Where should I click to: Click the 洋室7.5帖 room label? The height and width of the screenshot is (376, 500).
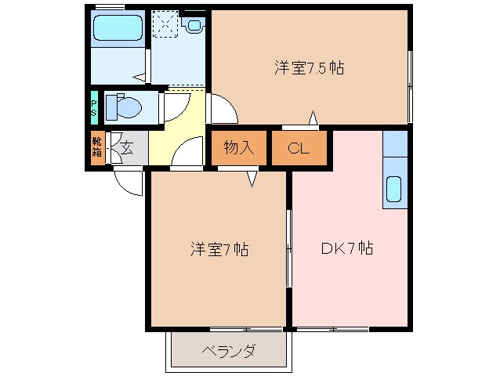click(309, 68)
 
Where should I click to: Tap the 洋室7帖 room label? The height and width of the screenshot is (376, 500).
click(219, 250)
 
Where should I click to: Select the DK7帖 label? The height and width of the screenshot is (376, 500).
click(346, 249)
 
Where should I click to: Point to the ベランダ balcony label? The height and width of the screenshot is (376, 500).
click(227, 351)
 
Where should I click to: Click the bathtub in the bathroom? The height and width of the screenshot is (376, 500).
click(118, 31)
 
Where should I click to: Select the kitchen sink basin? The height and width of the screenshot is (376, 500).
click(394, 190)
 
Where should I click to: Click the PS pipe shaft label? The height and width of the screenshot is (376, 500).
click(93, 107)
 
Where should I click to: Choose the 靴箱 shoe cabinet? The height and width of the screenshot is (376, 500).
click(96, 148)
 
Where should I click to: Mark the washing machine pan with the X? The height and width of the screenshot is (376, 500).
click(165, 23)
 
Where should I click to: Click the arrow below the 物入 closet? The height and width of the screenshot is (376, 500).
click(252, 179)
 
